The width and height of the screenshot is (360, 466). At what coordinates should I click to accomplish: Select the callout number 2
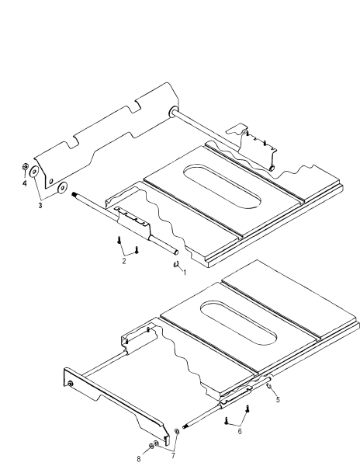click(123, 262)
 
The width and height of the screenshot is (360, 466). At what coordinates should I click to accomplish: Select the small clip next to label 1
click(175, 264)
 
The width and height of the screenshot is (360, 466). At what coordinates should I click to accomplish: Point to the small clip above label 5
click(268, 384)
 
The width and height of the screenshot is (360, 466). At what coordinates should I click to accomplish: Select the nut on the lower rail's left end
click(71, 384)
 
